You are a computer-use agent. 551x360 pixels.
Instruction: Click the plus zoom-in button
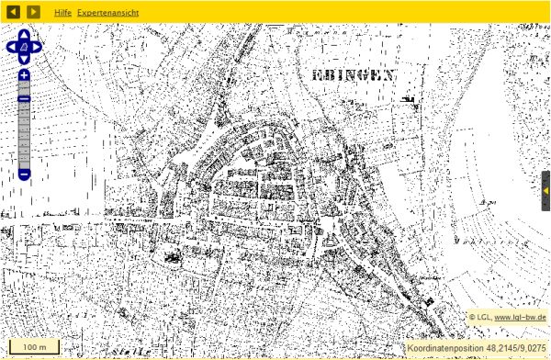(x=24, y=75)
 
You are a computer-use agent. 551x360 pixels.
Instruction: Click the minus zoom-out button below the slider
(x=24, y=173)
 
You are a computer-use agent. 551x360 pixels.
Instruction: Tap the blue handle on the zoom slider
(x=24, y=99)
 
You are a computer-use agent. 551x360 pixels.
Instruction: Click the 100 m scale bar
(x=35, y=347)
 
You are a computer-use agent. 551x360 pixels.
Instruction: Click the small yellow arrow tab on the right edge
(x=545, y=190)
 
